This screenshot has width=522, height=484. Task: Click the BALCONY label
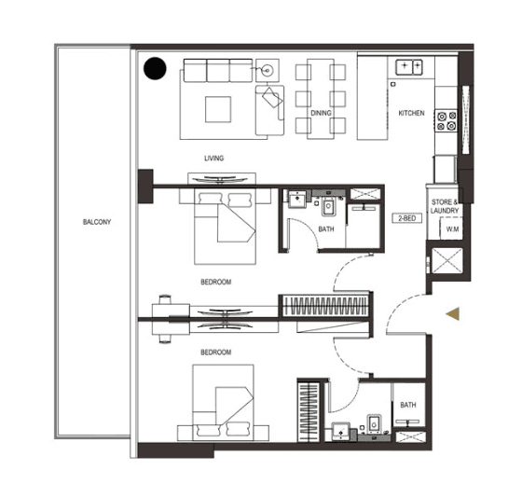pyautogui.click(x=96, y=221)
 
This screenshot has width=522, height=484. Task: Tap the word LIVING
pyautogui.click(x=213, y=158)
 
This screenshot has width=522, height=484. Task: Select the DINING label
pyautogui.click(x=321, y=114)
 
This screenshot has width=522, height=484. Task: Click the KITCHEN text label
pyautogui.click(x=411, y=114)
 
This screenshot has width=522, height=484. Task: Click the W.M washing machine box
pyautogui.click(x=452, y=228)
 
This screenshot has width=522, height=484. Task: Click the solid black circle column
pyautogui.click(x=154, y=68)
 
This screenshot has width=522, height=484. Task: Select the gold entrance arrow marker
pyautogui.click(x=452, y=315)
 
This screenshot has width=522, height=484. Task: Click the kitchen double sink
pyautogui.click(x=408, y=66)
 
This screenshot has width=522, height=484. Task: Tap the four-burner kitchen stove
pyautogui.click(x=446, y=119)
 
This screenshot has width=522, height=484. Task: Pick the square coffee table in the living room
pyautogui.click(x=220, y=108)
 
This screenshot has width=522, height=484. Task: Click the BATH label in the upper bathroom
pyautogui.click(x=326, y=228)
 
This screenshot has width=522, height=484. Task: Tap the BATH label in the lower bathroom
pyautogui.click(x=408, y=405)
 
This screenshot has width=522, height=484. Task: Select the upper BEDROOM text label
pyautogui.click(x=215, y=281)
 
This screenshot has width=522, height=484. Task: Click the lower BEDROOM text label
pyautogui.click(x=215, y=352)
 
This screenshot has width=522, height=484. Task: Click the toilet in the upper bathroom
pyautogui.click(x=327, y=207)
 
